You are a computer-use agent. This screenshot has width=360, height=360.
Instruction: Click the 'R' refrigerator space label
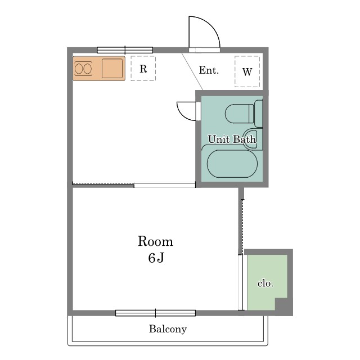pyautogui.click(x=143, y=69)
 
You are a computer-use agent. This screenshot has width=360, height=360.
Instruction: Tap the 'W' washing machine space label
pyautogui.click(x=247, y=72)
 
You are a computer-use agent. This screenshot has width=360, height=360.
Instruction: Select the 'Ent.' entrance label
pyautogui.click(x=209, y=70)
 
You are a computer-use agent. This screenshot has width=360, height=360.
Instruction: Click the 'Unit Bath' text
pyautogui.click(x=232, y=139)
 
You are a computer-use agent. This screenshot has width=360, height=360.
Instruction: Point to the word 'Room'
pyautogui.click(x=155, y=241)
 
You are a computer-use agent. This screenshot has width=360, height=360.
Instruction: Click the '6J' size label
pyautogui.click(x=156, y=258)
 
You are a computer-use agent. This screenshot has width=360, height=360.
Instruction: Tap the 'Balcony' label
pyautogui.click(x=168, y=329)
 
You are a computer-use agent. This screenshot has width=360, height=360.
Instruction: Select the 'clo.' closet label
pyautogui.click(x=265, y=283)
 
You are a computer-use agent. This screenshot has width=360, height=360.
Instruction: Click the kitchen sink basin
pyautogui.click(x=112, y=69)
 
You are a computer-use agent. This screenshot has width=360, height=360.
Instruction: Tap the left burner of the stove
pyautogui.click(x=79, y=69)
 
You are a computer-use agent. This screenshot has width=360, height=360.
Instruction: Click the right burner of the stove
pyautogui.click(x=88, y=69)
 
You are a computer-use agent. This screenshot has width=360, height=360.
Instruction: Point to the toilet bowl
pyautogui.click(x=239, y=114)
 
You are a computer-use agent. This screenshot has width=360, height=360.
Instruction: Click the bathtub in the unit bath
pyautogui.click(x=232, y=164)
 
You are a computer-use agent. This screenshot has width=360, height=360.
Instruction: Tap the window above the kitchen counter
pyautogui.click(x=125, y=50)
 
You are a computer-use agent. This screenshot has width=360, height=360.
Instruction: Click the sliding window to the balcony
pyautogui.click(x=155, y=313)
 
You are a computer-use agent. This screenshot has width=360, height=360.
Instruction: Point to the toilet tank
pyautogui.click(x=259, y=114)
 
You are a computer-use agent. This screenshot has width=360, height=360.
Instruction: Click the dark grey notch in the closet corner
pyautogui.click(x=281, y=304)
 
